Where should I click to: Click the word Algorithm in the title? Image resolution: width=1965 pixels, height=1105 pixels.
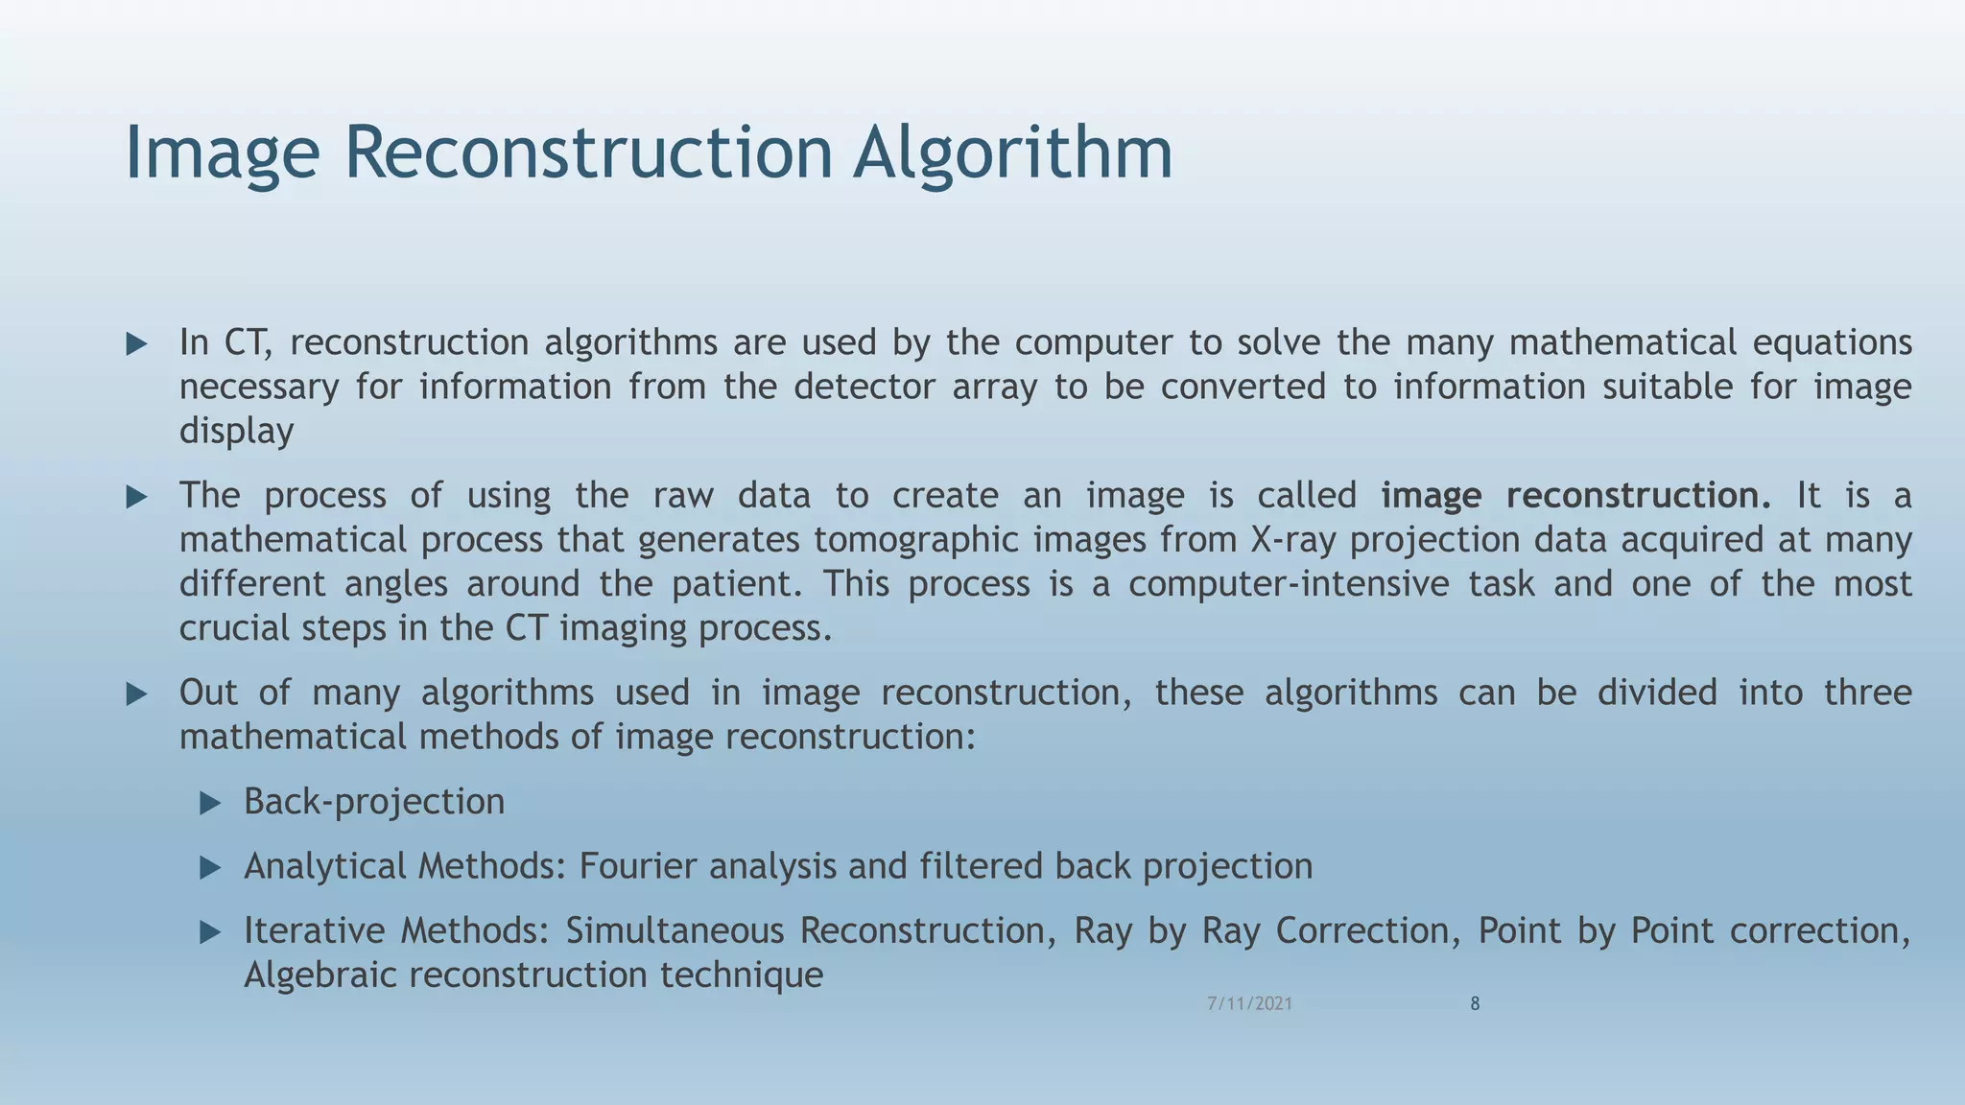point(1012,153)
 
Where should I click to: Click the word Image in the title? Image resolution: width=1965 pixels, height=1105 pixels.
point(222,153)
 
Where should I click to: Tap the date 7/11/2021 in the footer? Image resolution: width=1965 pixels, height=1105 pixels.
point(1249,1004)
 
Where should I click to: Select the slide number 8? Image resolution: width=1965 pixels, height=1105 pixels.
point(1475,1004)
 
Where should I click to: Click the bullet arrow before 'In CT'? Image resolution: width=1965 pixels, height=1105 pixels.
point(136,344)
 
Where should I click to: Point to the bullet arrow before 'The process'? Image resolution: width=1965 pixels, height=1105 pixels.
point(136,497)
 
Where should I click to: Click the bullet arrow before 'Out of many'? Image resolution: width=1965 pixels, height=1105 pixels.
point(136,694)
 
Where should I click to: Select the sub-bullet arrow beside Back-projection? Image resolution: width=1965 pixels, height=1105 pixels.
point(210,803)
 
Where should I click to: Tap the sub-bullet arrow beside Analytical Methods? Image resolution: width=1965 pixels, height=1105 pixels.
point(210,868)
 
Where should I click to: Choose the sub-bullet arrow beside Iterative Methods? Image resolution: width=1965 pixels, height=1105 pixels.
point(210,932)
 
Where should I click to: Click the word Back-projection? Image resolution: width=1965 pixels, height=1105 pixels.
point(374,802)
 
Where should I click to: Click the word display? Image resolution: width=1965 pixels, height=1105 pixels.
point(236,432)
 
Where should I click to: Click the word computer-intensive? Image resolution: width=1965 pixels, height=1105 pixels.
point(1288,584)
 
